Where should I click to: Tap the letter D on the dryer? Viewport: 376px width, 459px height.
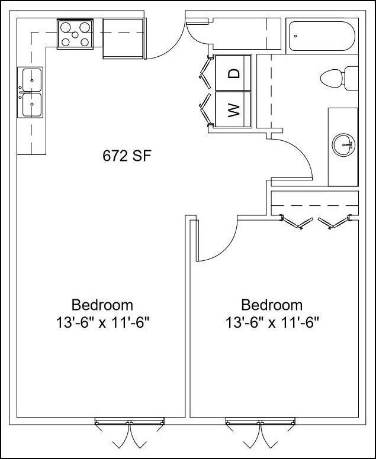point(234,73)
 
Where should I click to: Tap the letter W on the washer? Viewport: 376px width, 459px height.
point(234,109)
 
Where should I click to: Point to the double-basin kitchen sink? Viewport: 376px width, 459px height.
point(31,92)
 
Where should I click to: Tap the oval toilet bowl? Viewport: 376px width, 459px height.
point(331,77)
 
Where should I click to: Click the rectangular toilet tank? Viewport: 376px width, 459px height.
point(352,77)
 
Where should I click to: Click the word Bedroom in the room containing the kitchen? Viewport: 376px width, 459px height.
point(102,305)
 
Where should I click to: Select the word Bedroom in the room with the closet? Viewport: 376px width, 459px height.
point(272,305)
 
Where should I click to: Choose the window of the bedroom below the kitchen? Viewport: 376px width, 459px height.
point(129,422)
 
